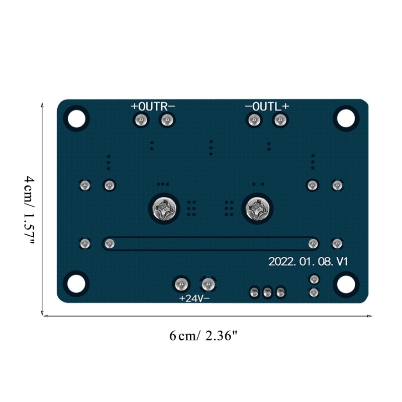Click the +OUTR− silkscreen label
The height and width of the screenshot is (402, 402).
coord(153,106)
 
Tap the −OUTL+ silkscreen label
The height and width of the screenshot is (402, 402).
coord(267,106)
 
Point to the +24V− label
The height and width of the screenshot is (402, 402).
coord(194,298)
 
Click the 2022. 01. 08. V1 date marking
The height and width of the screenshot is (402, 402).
coord(308,262)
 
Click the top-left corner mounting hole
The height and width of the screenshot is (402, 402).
coord(76,119)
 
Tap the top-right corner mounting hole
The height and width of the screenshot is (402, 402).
coord(346,119)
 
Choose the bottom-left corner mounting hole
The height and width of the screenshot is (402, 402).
coord(76,284)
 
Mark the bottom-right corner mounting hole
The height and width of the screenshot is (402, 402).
coord(346,284)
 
